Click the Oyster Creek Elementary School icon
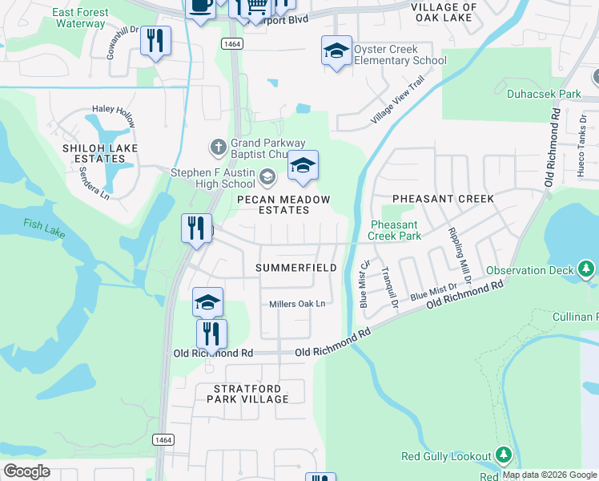336,51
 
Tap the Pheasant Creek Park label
394,230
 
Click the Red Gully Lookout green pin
503,456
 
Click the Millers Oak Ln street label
297,304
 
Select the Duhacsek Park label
544,94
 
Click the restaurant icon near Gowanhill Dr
155,40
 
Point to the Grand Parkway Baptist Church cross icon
217,147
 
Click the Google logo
26,471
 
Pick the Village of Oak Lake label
444,13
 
